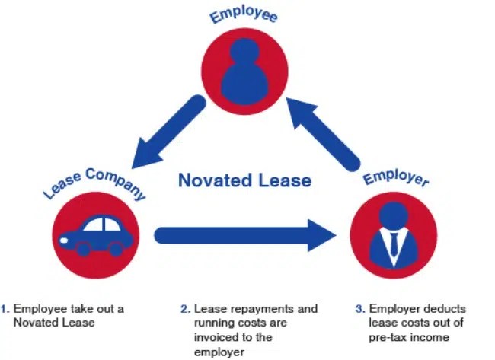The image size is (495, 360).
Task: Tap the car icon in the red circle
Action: pyautogui.click(x=96, y=235)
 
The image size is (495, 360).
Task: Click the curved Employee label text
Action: pyautogui.click(x=244, y=15)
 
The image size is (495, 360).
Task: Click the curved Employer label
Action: pyautogui.click(x=395, y=180)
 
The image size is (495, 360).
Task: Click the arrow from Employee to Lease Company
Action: pyautogui.click(x=164, y=137)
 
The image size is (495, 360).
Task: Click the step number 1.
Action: pyautogui.click(x=5, y=309)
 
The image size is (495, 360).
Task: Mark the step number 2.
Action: pyautogui.click(x=184, y=309)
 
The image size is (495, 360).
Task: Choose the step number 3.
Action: pyautogui.click(x=359, y=309)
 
